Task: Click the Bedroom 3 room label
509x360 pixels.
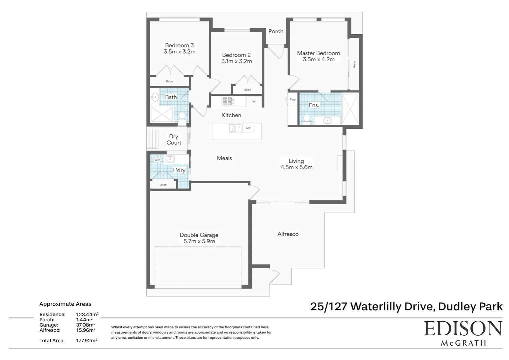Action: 179,45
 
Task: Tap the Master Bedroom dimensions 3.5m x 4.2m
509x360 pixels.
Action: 318,59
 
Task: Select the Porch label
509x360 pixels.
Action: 276,31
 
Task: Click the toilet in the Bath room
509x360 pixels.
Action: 182,116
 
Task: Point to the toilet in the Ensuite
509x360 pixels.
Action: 307,118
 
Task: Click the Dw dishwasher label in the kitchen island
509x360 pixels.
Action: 248,128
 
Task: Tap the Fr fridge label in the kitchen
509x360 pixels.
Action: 254,102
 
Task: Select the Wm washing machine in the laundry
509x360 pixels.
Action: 157,160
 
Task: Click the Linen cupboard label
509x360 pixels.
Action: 163,185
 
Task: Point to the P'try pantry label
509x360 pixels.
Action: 292,100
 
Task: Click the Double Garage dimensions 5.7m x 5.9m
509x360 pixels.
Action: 199,241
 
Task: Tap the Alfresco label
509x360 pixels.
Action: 288,234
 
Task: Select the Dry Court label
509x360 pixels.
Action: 174,140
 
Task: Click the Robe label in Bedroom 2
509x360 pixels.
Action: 247,90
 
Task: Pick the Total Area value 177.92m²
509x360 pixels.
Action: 87,341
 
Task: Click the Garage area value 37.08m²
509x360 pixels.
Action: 86,325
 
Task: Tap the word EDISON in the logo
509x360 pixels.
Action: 463,329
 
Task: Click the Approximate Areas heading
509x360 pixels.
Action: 65,304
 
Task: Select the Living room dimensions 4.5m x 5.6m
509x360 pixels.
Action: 296,167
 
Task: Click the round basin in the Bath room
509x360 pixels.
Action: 155,98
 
